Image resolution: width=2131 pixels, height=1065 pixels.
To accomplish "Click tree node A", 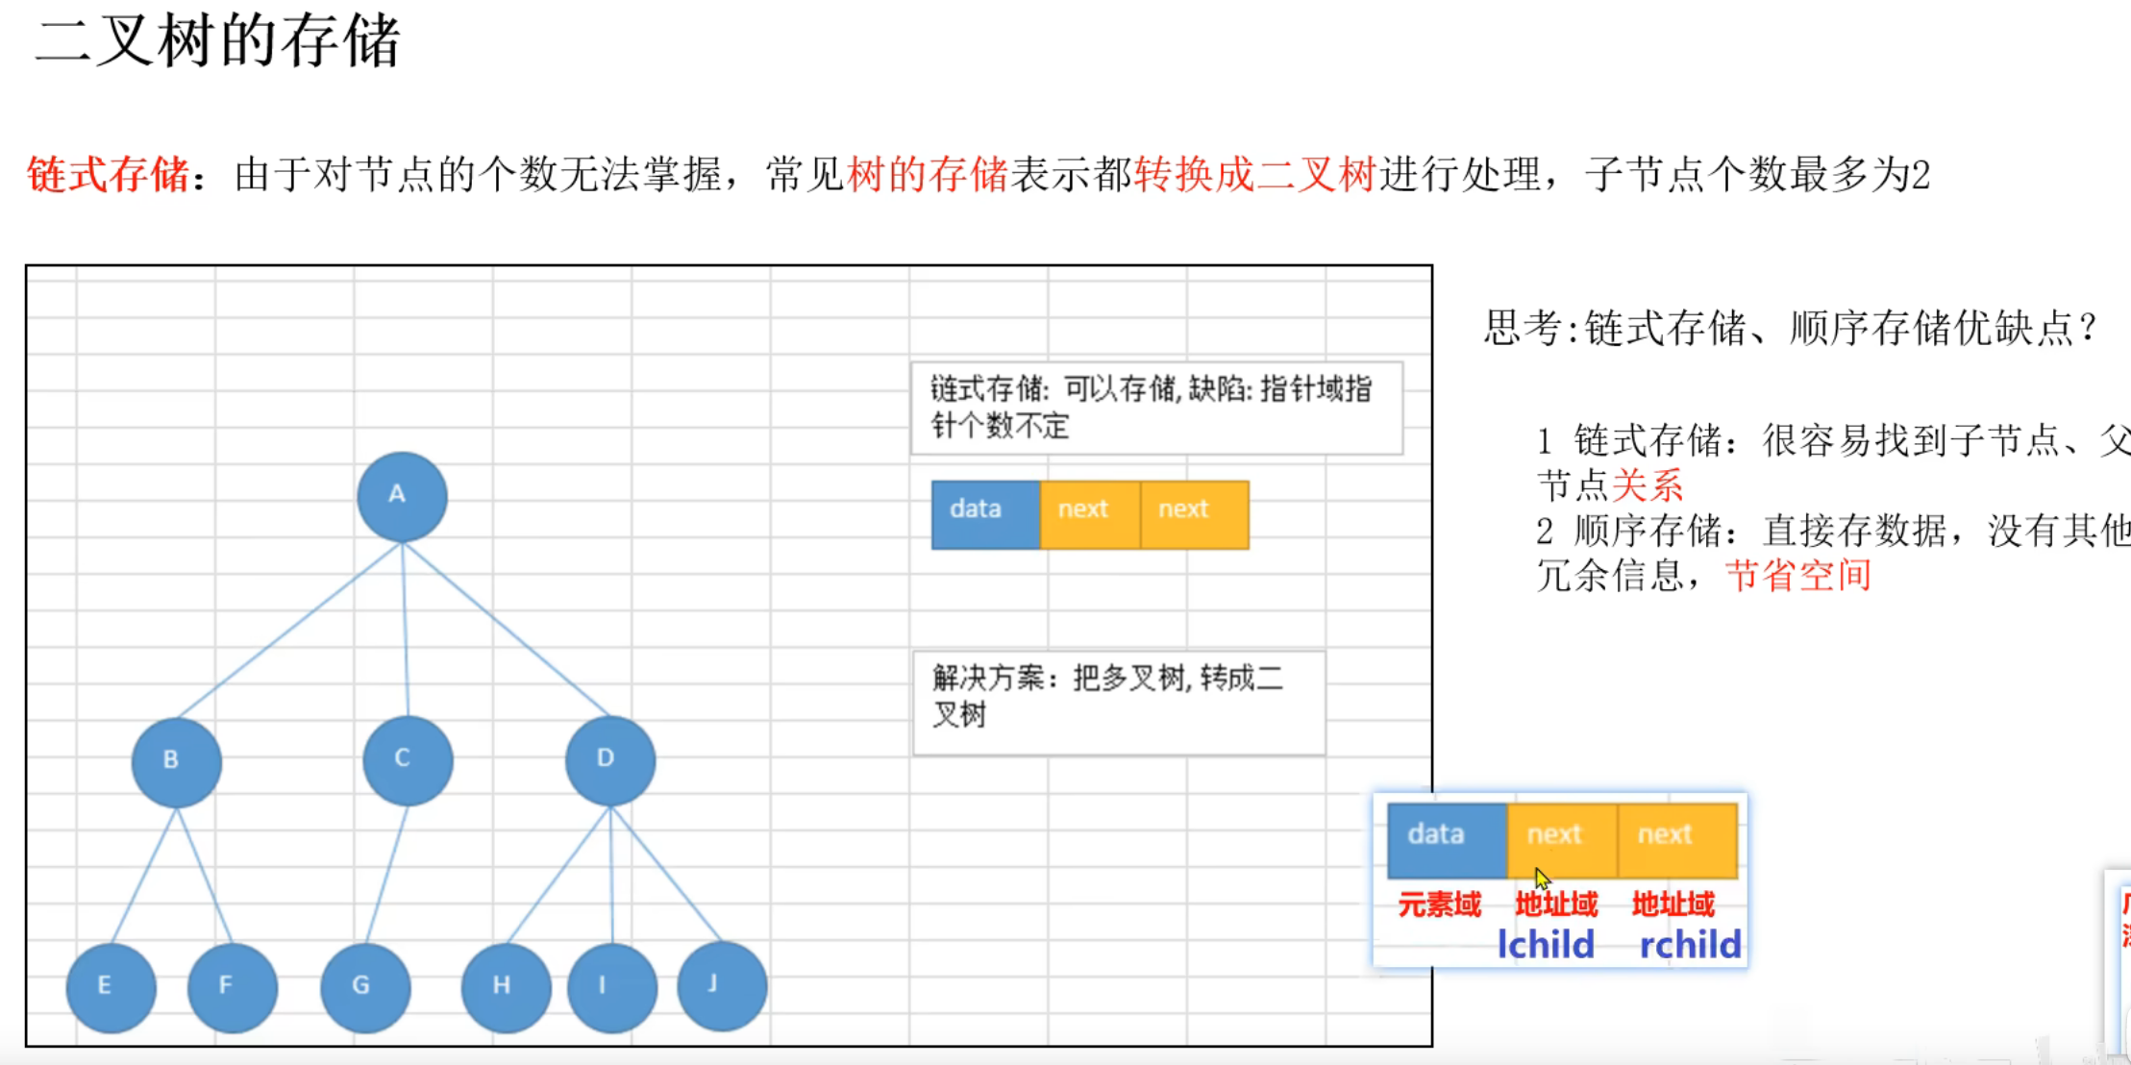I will click(x=402, y=496).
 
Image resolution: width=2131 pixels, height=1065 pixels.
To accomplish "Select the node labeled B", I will click(x=176, y=761).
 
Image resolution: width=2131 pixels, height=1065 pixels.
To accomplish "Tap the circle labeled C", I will click(x=408, y=759).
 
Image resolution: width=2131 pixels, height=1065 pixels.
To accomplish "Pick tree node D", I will click(x=610, y=759).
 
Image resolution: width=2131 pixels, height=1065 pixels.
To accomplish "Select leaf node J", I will click(x=722, y=985).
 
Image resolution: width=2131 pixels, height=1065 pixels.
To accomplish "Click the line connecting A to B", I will click(x=288, y=630).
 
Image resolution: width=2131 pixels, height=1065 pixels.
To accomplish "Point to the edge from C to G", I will click(x=386, y=875).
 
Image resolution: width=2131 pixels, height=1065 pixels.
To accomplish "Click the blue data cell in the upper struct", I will click(x=985, y=514).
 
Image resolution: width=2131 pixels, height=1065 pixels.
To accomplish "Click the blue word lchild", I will click(x=1546, y=945).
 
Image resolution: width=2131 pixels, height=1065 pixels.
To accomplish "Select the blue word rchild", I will click(x=1689, y=945).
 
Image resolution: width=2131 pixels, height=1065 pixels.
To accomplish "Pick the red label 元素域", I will click(x=1439, y=904).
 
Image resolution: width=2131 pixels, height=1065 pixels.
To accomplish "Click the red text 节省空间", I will click(x=1797, y=576).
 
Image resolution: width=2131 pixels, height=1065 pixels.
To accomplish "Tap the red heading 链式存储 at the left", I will click(x=108, y=175).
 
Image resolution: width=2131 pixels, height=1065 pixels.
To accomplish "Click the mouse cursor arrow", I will click(x=1541, y=878).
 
